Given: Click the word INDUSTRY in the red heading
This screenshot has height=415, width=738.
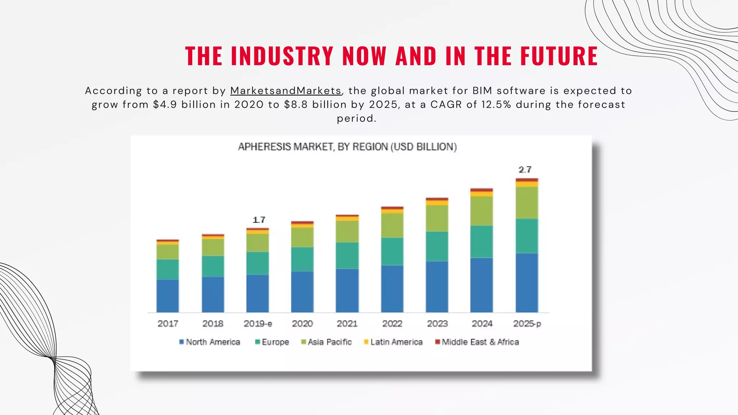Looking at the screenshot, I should click(x=282, y=56).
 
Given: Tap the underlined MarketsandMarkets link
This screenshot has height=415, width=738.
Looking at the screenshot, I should click(x=286, y=91).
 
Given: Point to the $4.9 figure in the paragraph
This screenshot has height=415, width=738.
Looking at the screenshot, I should click(x=165, y=105).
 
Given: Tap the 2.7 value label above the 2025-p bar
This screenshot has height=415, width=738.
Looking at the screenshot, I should click(x=525, y=170).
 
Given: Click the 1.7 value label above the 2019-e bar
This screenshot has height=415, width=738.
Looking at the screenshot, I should click(x=259, y=220).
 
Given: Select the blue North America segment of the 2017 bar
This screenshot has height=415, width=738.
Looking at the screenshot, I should click(x=168, y=296).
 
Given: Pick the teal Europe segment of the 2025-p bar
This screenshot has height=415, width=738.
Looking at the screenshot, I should click(x=527, y=236).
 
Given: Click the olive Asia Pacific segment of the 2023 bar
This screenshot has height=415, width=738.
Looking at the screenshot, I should click(x=437, y=218).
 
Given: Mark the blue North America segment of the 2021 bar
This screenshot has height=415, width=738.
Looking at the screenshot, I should click(x=347, y=290).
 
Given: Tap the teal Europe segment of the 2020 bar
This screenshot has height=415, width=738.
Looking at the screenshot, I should click(x=302, y=259).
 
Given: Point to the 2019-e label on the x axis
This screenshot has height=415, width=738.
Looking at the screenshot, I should click(x=258, y=323).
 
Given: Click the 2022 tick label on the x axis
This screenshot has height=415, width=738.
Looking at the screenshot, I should click(x=392, y=323).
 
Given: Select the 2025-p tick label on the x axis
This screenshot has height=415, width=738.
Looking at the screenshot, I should click(x=527, y=323).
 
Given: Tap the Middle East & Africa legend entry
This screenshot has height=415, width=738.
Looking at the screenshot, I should click(x=477, y=342).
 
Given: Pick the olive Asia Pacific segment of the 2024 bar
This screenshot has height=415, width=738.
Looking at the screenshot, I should click(x=482, y=211).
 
